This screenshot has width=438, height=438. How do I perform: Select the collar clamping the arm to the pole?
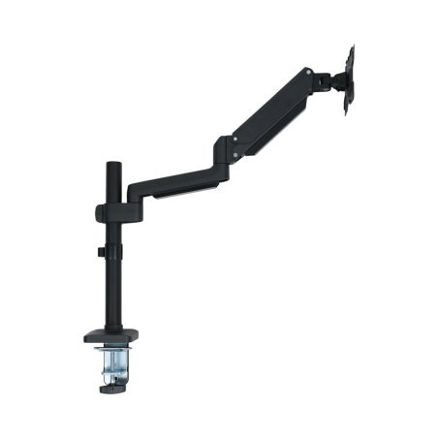click(x=103, y=211)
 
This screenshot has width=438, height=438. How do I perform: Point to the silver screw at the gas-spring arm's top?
click(x=306, y=72)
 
